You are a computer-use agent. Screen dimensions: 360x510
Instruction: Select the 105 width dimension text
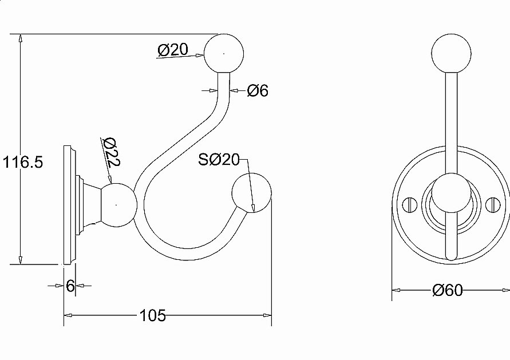[152, 315]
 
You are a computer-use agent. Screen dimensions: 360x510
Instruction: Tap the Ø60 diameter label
[448, 290]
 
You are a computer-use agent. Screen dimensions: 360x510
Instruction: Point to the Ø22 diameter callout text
[110, 152]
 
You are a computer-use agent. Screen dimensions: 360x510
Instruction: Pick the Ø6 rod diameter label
[258, 90]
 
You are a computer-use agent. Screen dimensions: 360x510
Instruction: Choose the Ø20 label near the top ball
[172, 50]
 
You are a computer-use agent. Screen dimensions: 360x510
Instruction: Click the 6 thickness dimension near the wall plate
[70, 286]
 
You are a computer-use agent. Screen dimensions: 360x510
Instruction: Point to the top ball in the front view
[450, 54]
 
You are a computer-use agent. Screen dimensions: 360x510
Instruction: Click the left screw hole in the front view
[409, 204]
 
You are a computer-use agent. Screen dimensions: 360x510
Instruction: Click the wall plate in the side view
[70, 205]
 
